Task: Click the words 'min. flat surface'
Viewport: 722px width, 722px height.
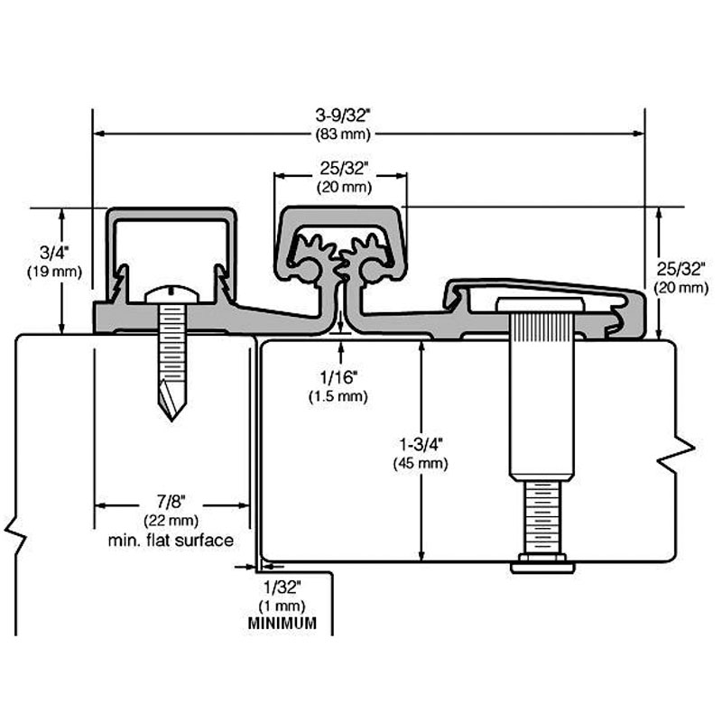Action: click(171, 540)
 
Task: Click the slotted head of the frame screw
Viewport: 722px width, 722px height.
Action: click(170, 293)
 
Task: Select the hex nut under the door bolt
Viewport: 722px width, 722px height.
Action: click(541, 565)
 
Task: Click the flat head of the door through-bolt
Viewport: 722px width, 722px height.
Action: click(541, 304)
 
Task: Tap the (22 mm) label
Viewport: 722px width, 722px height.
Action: click(171, 521)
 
